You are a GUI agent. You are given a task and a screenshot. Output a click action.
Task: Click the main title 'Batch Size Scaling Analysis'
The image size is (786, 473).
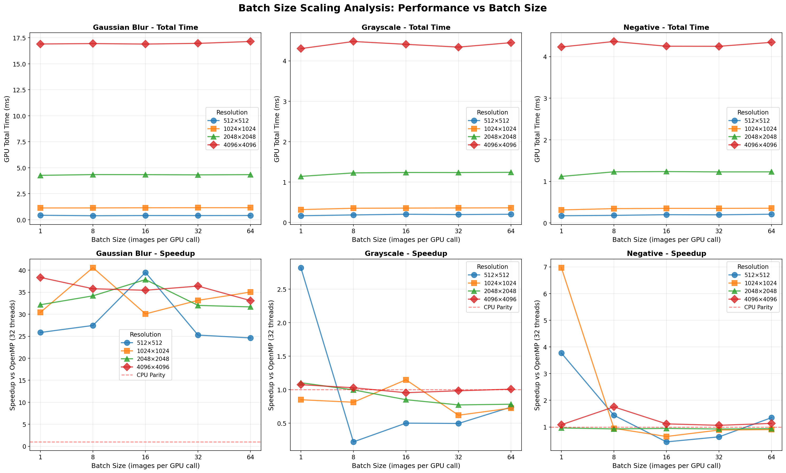point(392,8)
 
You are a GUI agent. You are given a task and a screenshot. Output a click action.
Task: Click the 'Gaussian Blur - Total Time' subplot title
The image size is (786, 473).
point(145,27)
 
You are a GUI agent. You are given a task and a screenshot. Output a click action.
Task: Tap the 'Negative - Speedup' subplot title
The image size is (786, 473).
point(666,254)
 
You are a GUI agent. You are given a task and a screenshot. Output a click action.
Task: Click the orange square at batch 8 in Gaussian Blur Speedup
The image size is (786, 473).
point(93,268)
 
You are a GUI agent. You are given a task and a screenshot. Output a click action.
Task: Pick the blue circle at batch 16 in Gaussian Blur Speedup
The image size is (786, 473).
point(145,273)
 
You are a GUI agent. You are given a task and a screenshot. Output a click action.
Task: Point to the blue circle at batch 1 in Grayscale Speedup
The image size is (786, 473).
point(301,268)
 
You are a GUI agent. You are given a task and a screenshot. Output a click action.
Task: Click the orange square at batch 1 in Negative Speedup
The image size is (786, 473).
point(561,268)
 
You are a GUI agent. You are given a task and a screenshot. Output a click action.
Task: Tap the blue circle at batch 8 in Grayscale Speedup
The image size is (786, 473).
point(353,442)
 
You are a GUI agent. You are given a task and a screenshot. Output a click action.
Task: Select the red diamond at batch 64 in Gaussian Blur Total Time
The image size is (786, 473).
point(250,41)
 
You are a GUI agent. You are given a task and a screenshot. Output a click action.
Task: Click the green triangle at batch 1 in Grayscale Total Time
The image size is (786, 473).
point(301,176)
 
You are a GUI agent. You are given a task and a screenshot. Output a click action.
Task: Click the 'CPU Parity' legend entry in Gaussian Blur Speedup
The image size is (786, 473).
point(150,375)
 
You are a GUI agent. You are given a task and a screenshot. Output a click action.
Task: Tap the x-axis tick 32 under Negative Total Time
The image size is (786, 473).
point(719,231)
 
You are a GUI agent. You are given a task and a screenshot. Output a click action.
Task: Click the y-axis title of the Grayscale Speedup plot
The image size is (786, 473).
point(271,355)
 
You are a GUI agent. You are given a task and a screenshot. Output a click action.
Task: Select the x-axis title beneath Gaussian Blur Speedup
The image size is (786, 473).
point(145,466)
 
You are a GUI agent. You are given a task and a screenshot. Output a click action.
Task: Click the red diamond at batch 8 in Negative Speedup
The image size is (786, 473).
point(614,407)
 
